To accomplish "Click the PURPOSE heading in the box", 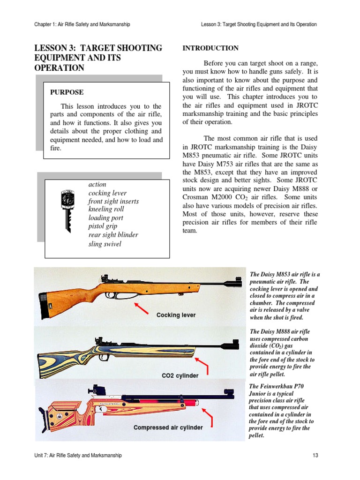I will (67, 92).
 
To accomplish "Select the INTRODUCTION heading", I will (210, 48).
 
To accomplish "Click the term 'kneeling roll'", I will (106, 210).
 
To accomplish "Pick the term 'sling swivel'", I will (105, 244).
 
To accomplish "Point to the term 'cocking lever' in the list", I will (107, 193).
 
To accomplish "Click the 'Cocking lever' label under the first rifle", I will (176, 315).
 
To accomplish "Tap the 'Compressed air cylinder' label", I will (168, 427).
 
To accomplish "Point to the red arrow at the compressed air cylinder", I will (207, 417).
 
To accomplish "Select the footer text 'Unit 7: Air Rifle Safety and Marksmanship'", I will (78, 455).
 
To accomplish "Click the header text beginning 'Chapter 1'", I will (82, 24).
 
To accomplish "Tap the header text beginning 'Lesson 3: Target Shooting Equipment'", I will (258, 24).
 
